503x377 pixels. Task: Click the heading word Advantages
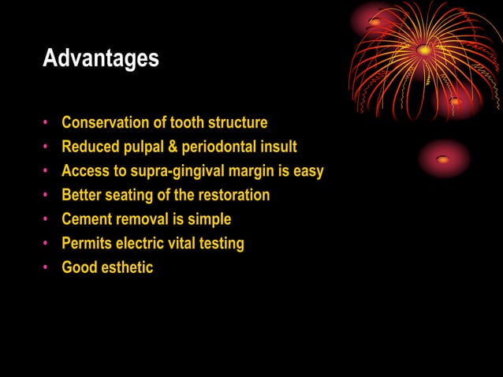point(100,58)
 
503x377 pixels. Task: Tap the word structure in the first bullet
point(237,122)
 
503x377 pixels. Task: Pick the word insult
point(279,147)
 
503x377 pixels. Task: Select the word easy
point(307,171)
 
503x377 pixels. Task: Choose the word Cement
point(87,219)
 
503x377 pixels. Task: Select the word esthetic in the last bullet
point(127,267)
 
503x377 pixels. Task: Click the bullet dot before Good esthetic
point(47,268)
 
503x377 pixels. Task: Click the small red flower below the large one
point(443,159)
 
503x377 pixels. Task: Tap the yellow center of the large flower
point(425,50)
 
